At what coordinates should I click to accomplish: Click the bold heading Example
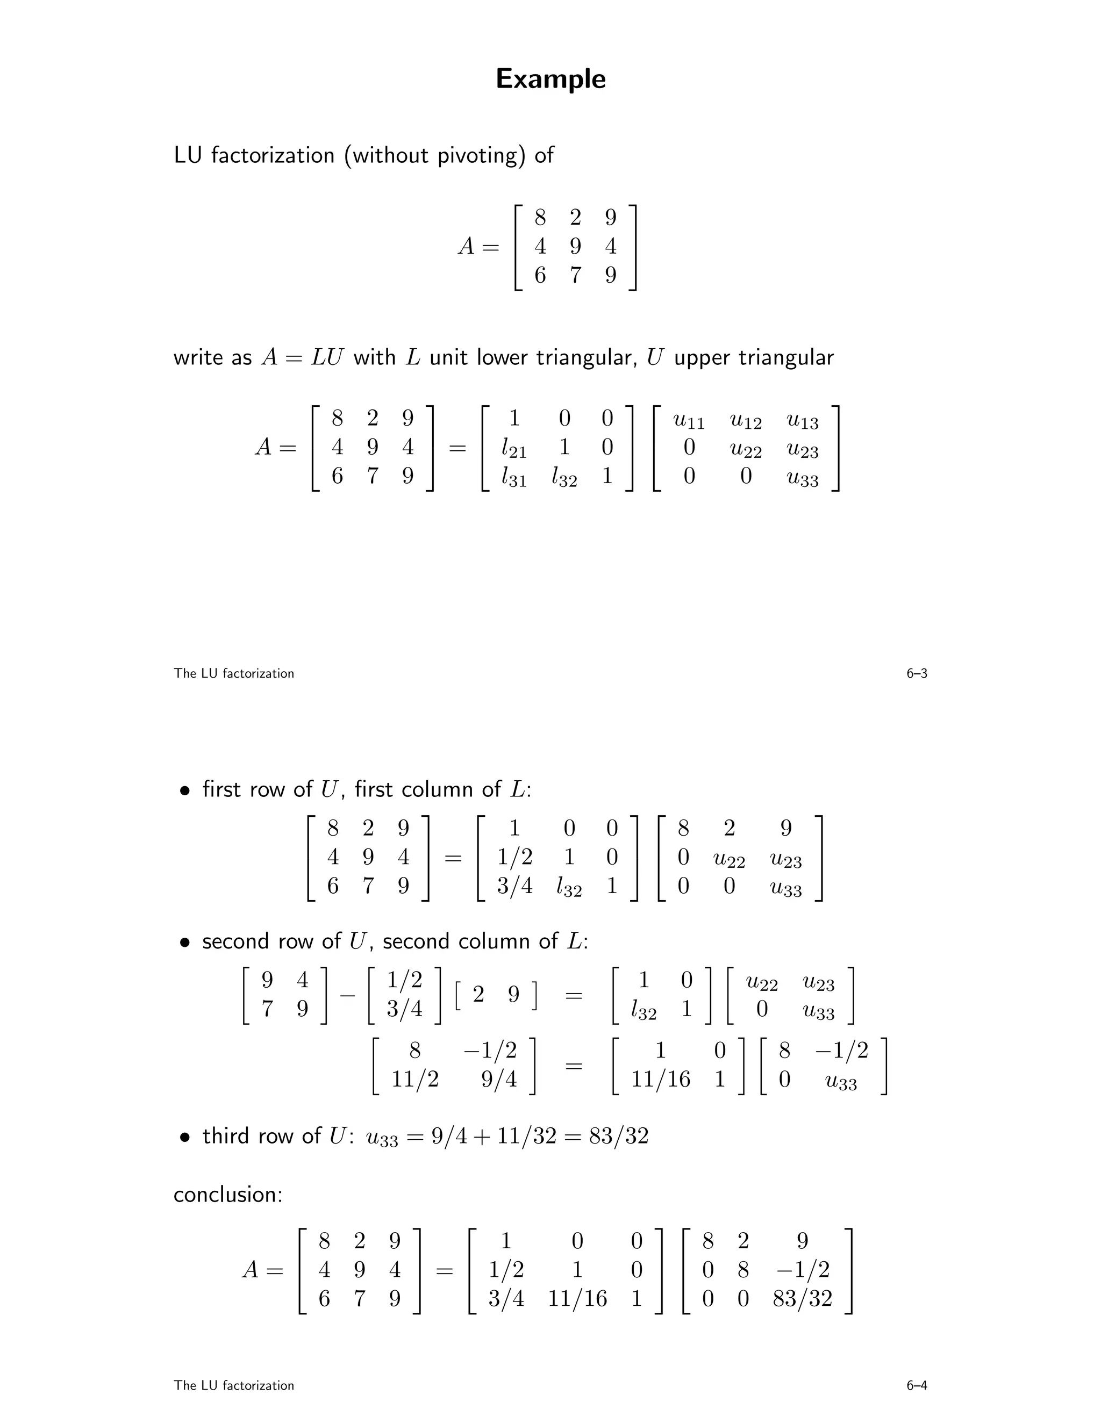[550, 79]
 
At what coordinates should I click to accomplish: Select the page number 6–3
[917, 673]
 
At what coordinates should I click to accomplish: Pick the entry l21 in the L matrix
[514, 449]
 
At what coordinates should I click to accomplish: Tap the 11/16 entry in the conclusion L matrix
[577, 1298]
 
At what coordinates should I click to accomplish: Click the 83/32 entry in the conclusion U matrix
[802, 1298]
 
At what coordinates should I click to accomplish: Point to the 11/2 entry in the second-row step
[415, 1079]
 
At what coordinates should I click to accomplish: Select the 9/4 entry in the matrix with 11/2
[499, 1079]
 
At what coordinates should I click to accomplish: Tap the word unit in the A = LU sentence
[449, 358]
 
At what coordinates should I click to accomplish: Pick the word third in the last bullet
[227, 1137]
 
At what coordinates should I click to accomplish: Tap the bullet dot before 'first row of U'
[186, 791]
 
